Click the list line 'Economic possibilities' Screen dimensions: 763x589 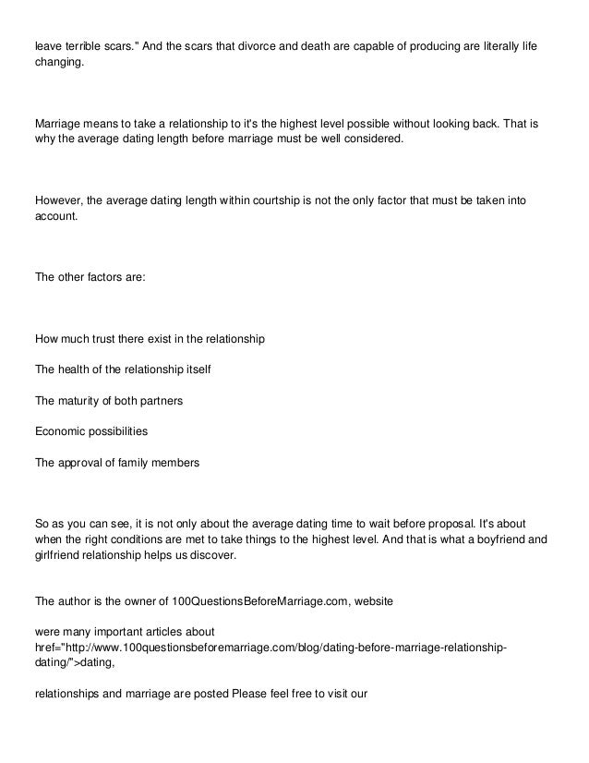pyautogui.click(x=90, y=431)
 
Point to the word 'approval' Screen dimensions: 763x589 pyautogui.click(x=82, y=462)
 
